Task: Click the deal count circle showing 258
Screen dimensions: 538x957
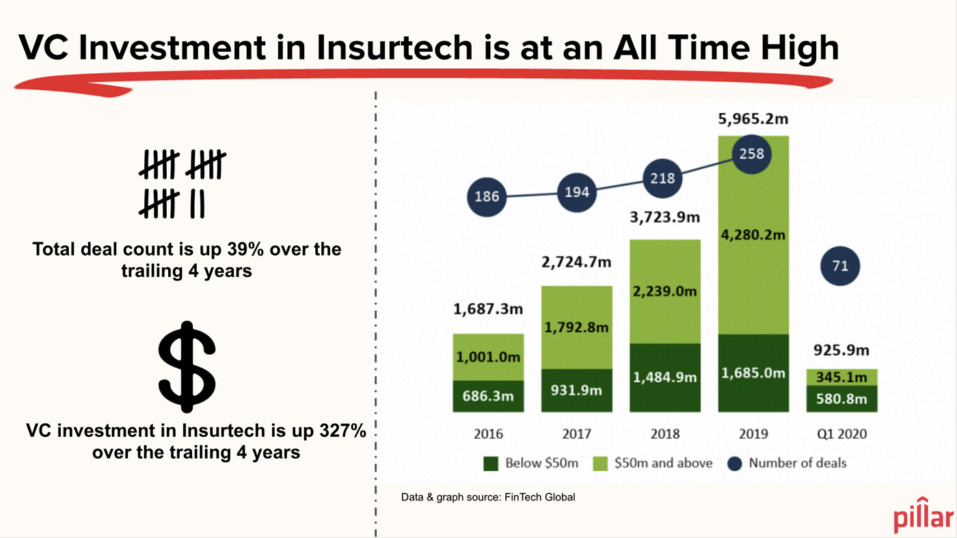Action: tap(752, 154)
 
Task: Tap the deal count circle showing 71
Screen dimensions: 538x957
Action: tap(840, 266)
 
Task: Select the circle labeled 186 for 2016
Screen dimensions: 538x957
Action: tap(487, 197)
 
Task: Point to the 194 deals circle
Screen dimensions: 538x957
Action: tap(576, 191)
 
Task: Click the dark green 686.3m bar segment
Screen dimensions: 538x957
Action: tap(488, 396)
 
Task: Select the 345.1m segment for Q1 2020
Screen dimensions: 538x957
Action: tap(841, 377)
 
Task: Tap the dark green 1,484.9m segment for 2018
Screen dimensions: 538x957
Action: tap(665, 377)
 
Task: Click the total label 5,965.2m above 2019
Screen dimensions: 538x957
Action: tap(752, 120)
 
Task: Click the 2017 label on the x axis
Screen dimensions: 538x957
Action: tap(576, 434)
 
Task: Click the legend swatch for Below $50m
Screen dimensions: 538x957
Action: tap(490, 463)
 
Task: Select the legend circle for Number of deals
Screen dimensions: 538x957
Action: tap(734, 463)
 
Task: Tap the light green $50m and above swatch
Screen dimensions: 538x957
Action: tap(599, 463)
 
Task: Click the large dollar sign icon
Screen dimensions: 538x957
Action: tap(187, 368)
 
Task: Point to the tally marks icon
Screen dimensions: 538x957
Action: tap(182, 184)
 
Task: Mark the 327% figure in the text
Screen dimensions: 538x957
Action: tap(342, 431)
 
